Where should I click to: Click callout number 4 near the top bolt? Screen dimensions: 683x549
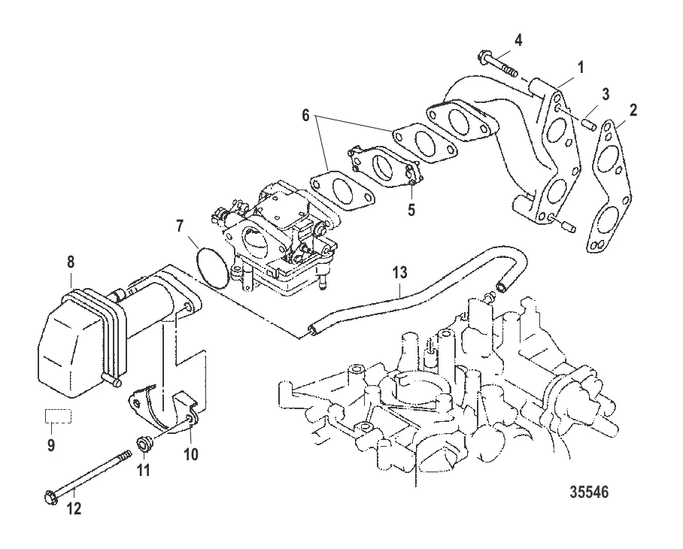coord(518,41)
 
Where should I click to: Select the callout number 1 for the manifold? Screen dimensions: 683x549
coord(580,68)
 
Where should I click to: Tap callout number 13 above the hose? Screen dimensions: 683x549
coord(399,272)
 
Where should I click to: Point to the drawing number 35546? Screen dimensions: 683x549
coord(589,492)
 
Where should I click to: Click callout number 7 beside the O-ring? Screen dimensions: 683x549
coord(180,226)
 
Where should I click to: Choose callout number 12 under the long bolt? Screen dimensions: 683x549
coord(74,508)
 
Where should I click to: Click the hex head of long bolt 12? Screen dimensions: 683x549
coord(51,497)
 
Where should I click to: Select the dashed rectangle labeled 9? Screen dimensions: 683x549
coord(59,416)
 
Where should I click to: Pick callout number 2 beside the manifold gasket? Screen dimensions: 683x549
coord(633,110)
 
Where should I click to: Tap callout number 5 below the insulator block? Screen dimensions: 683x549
coord(411,210)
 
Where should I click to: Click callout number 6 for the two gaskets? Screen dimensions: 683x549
coord(305,115)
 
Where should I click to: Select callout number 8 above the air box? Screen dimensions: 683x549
coord(71,262)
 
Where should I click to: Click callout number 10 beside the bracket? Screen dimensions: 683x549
coord(190,454)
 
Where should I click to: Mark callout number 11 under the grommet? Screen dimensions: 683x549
coord(144,470)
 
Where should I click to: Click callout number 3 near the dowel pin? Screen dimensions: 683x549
coord(605,95)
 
